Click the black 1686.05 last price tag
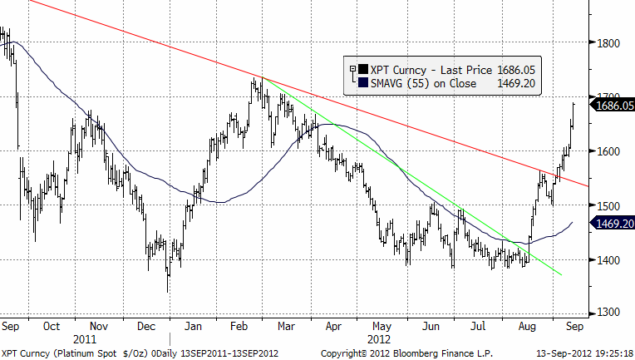pos(613,105)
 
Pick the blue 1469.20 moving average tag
pos(613,223)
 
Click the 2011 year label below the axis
pos(86,340)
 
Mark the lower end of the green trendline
pos(561,275)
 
